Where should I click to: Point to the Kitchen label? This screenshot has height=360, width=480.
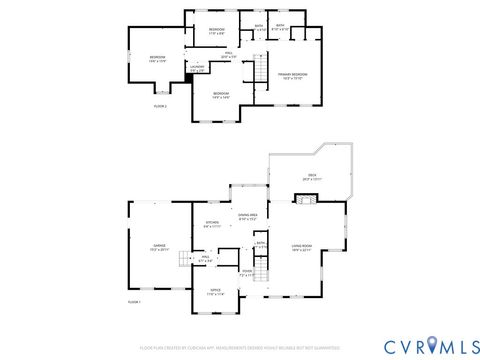tap(212, 224)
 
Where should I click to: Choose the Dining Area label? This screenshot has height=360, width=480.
tap(248, 216)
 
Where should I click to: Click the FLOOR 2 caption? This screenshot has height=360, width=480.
tap(160, 105)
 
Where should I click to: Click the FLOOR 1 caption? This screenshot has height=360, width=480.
tap(134, 301)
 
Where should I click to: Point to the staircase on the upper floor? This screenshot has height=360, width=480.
tap(259, 72)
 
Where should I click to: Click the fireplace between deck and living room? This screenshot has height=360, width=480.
tap(309, 198)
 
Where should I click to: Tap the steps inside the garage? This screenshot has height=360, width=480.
tap(185, 259)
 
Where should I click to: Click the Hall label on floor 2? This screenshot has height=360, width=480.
tap(228, 56)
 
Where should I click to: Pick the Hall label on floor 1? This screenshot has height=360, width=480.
tap(204, 258)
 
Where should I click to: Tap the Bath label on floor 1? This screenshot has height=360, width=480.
tap(260, 244)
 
